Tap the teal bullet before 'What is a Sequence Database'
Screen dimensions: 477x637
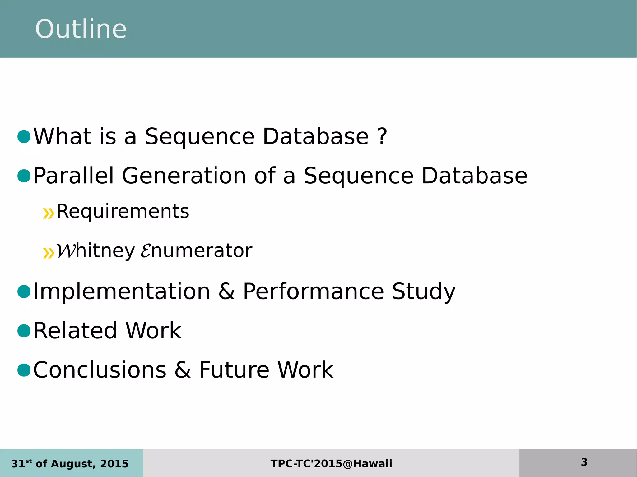click(24, 137)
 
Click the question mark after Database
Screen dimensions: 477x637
click(382, 137)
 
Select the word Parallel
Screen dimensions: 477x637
click(73, 176)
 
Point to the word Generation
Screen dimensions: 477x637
click(184, 176)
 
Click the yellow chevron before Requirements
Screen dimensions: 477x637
click(49, 213)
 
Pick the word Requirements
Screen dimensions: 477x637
click(123, 212)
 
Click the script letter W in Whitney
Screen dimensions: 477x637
click(65, 251)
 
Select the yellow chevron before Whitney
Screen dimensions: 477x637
click(49, 253)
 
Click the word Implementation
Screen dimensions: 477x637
click(122, 291)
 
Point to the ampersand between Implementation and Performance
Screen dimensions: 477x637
click(226, 291)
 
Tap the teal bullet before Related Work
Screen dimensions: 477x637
click(24, 331)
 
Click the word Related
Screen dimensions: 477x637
click(75, 331)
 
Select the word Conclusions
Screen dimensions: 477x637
click(100, 370)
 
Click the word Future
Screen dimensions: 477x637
click(234, 370)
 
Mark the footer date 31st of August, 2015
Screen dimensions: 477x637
click(70, 464)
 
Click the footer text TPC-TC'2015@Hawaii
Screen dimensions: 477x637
click(331, 464)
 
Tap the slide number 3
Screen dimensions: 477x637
click(584, 462)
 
